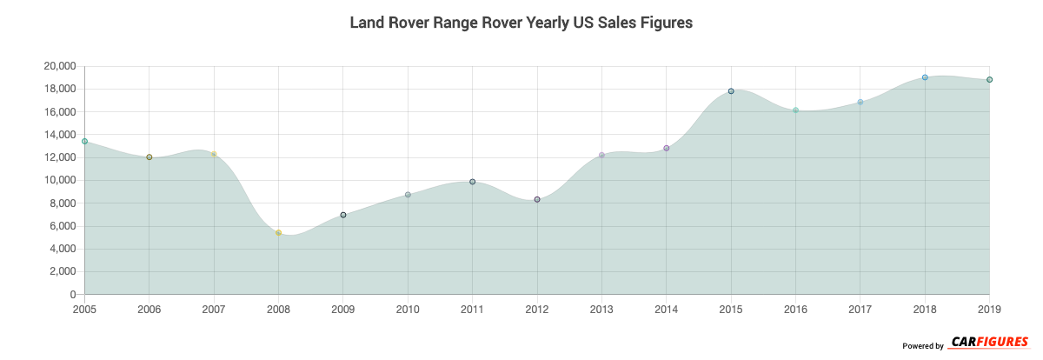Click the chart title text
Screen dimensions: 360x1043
pyautogui.click(x=521, y=23)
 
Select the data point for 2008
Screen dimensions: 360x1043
pyautogui.click(x=278, y=233)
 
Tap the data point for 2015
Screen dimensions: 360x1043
pyautogui.click(x=731, y=91)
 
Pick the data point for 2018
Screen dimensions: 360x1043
pyautogui.click(x=925, y=77)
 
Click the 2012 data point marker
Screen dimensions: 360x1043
pyautogui.click(x=537, y=199)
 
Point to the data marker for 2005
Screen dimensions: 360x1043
pyautogui.click(x=85, y=141)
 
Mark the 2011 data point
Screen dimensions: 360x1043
pyautogui.click(x=472, y=182)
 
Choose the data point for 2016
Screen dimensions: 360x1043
pyautogui.click(x=795, y=110)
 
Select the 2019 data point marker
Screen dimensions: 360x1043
pyautogui.click(x=989, y=79)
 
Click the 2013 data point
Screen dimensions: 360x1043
pyautogui.click(x=601, y=155)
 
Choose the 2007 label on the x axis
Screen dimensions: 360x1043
pyautogui.click(x=214, y=309)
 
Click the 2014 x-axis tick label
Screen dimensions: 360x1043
pyautogui.click(x=667, y=309)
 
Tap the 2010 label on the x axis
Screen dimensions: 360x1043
pyautogui.click(x=408, y=309)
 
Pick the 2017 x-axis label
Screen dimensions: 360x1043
pyautogui.click(x=860, y=309)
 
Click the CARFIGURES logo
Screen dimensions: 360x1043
pyautogui.click(x=989, y=342)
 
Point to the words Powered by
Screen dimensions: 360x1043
pyautogui.click(x=923, y=346)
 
